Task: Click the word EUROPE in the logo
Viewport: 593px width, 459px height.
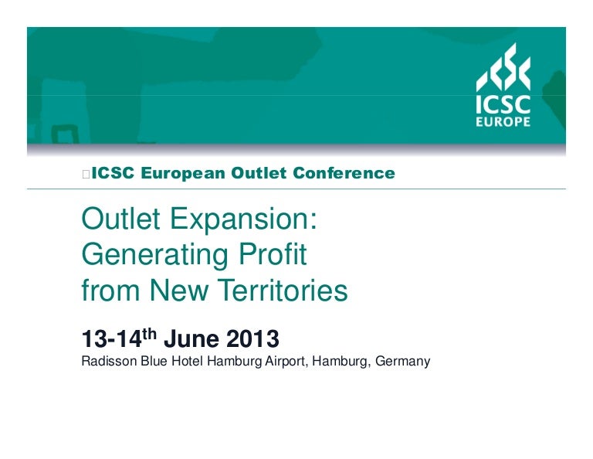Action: click(x=503, y=121)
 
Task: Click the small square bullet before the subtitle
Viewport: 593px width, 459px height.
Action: click(x=86, y=175)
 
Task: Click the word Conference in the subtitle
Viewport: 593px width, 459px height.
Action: click(x=344, y=173)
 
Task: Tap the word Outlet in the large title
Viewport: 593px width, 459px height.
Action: click(x=120, y=219)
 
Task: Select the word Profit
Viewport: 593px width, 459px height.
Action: click(x=273, y=254)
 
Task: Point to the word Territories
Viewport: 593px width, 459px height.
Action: click(x=283, y=291)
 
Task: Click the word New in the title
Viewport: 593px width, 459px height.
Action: click(x=179, y=291)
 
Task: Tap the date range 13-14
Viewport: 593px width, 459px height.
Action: click(x=111, y=338)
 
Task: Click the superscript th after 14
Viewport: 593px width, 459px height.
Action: click(x=149, y=334)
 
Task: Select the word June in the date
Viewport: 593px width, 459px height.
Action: click(x=191, y=338)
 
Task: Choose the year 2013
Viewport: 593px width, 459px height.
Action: click(x=252, y=338)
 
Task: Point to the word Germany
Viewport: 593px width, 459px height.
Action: click(x=403, y=362)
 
